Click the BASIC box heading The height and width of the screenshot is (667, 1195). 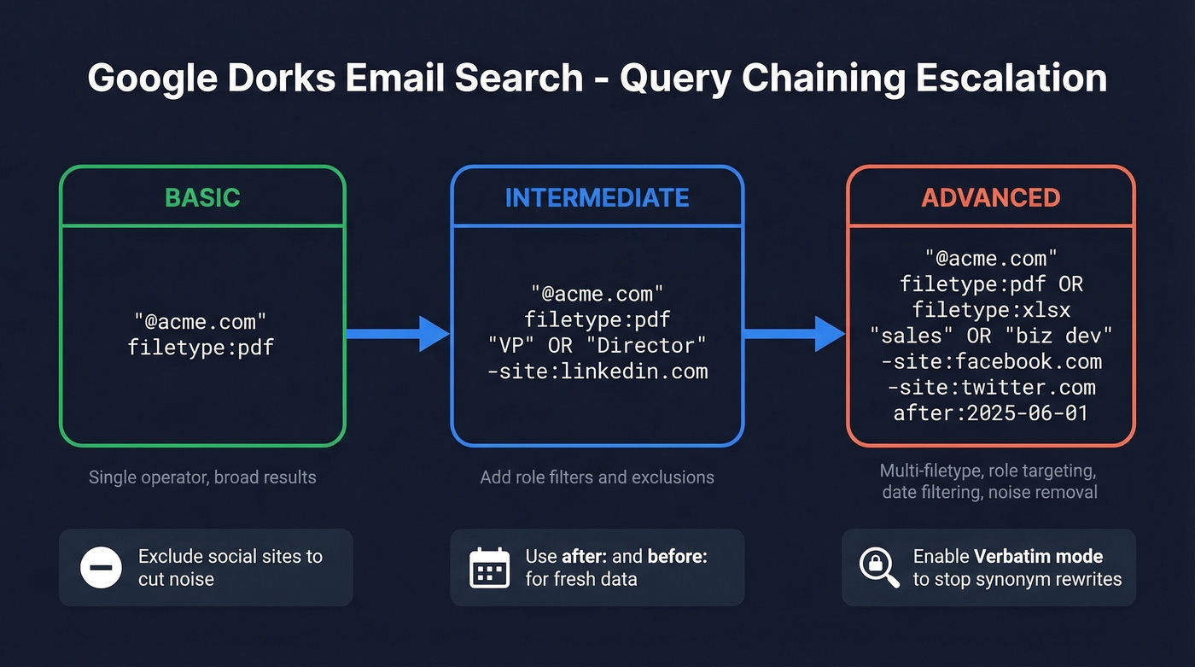202,197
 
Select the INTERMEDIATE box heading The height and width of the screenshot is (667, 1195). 597,197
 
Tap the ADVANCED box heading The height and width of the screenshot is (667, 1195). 990,197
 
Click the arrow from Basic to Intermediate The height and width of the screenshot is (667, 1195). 397,333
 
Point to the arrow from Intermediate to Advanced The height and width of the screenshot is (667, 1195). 794,333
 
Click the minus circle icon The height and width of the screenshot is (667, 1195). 101,568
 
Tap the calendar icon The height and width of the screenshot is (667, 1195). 489,568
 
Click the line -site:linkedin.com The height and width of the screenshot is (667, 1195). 597,372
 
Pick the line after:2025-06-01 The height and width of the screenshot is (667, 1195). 990,413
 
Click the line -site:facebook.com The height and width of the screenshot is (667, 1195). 990,361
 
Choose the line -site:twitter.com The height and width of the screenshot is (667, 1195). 990,388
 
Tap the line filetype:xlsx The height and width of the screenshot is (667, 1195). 990,309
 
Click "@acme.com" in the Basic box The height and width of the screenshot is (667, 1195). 201,321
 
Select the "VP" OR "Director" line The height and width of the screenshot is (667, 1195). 597,346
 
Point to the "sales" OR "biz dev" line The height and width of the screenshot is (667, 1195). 990,335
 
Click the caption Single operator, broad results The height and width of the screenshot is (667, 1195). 202,477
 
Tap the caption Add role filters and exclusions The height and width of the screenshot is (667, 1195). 597,477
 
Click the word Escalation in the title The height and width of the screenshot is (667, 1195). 1011,79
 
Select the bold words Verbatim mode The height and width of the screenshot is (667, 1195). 1038,557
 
